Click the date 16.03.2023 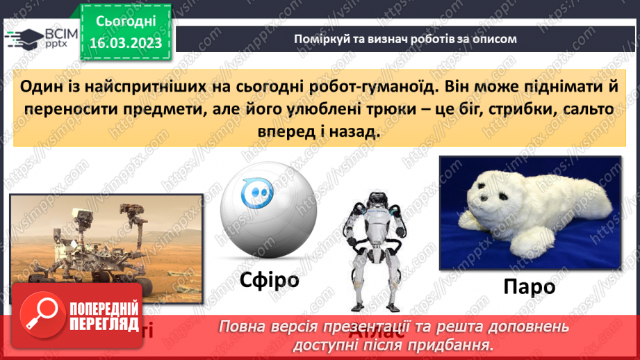click(x=125, y=42)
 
